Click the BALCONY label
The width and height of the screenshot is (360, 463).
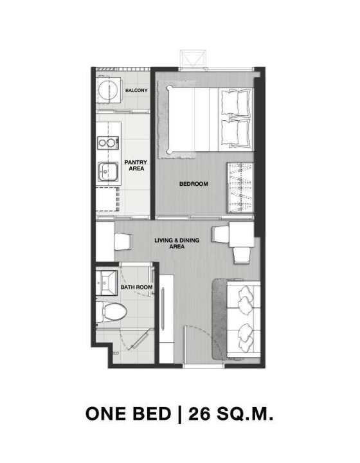[x=136, y=90]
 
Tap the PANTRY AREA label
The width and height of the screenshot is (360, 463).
[x=136, y=165]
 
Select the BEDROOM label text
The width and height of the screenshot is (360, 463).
[x=194, y=184]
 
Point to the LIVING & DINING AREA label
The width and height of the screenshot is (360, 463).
[x=177, y=243]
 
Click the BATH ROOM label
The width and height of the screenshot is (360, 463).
[x=137, y=287]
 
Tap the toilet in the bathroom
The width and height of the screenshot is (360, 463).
[x=112, y=312]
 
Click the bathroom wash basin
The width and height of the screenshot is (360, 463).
[x=105, y=283]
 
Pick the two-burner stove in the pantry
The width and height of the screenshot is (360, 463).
[x=108, y=143]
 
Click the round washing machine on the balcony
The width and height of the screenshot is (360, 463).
[x=108, y=91]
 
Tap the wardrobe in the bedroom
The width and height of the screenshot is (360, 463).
[x=240, y=188]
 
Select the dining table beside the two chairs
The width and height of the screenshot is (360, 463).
[x=242, y=235]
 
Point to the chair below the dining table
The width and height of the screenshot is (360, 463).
[x=242, y=255]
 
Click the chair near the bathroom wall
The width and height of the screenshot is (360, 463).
[x=123, y=242]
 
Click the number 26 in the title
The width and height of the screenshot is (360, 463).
[x=199, y=413]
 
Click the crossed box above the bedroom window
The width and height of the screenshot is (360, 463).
[x=193, y=59]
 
